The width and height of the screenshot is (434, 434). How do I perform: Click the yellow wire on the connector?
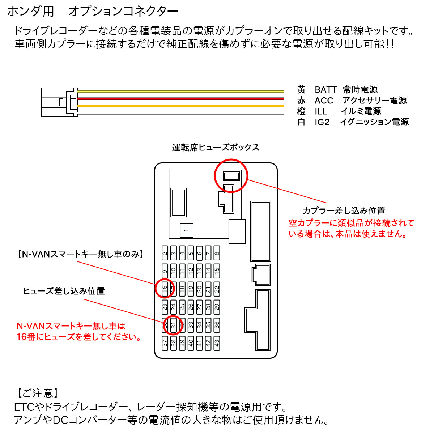tap(181, 92)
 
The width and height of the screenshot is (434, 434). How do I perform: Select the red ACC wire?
tap(181, 98)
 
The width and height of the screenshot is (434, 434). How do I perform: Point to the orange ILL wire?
tap(181, 106)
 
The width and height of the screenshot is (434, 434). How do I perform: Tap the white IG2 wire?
tap(181, 113)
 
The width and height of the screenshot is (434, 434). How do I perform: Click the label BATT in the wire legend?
tap(325, 90)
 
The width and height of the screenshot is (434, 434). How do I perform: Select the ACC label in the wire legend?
tap(324, 101)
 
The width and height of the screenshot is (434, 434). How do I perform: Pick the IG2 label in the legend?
tap(322, 122)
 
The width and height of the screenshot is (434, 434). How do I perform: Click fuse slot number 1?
tap(186, 230)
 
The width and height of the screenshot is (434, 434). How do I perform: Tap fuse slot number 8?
tap(217, 253)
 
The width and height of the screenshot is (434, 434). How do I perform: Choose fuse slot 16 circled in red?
tap(165, 289)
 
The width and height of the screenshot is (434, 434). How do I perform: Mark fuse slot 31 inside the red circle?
tap(174, 325)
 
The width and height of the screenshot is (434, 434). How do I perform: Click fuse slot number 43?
tap(217, 342)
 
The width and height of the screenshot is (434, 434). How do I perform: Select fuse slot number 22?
tap(217, 289)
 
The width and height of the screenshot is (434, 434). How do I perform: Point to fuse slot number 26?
tap(191, 307)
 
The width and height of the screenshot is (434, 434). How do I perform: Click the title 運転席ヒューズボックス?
tap(216, 148)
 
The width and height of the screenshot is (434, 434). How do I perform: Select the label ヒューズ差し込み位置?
tap(64, 291)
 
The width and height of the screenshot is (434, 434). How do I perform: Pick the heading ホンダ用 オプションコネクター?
tap(93, 12)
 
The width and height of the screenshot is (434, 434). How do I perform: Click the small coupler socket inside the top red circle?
tap(231, 176)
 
